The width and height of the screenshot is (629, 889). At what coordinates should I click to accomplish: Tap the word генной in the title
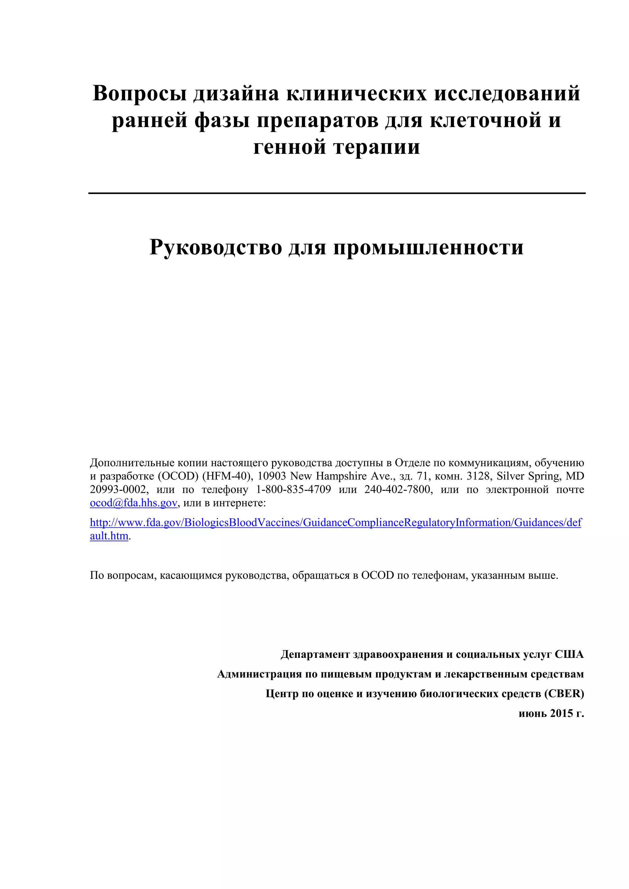tap(289, 147)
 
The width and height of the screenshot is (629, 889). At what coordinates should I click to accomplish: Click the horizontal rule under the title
tap(337, 193)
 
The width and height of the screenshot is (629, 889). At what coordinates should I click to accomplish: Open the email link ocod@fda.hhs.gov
tap(134, 503)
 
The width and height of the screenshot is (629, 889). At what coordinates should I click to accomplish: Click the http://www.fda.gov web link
tap(335, 523)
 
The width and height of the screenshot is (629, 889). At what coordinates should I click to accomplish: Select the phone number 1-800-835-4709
tap(294, 489)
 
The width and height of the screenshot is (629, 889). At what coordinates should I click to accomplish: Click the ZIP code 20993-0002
tap(119, 489)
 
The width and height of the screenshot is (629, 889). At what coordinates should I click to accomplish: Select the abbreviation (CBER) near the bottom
tap(564, 693)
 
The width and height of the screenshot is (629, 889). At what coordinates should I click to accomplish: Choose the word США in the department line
tap(569, 654)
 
